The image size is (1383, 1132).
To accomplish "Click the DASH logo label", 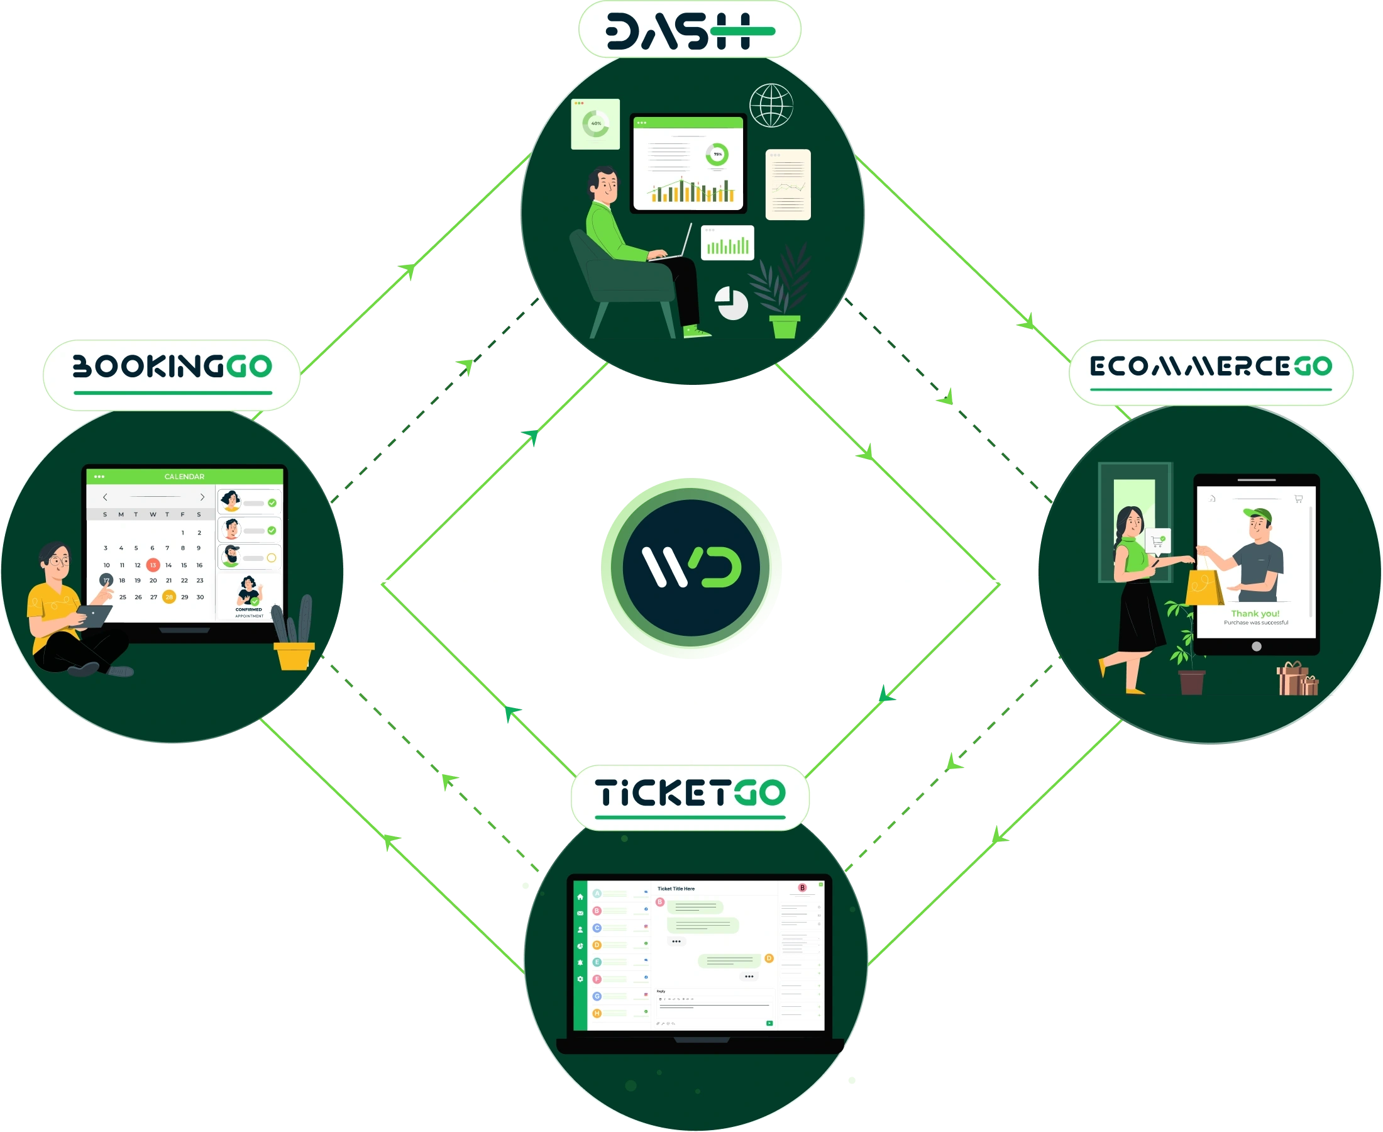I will (x=690, y=31).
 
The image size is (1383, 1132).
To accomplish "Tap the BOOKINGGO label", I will (x=172, y=367).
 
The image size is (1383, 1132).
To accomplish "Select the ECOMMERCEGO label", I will (x=1210, y=367).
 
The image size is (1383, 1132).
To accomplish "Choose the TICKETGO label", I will (x=690, y=794).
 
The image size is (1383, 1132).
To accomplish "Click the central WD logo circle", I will (x=691, y=567).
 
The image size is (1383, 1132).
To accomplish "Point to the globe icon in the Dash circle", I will (x=771, y=106).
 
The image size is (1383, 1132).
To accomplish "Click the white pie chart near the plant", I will (x=731, y=303).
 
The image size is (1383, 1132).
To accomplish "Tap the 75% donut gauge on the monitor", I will (x=717, y=155).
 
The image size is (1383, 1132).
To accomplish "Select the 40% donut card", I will (x=595, y=124).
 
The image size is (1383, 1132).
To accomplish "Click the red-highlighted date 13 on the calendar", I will (x=153, y=565).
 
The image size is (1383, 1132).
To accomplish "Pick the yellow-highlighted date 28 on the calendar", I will (x=169, y=597).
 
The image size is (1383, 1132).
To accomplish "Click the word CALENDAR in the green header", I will (x=184, y=477).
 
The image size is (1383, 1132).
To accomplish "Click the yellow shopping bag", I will (x=1204, y=587).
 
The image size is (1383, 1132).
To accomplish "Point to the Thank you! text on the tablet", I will (x=1255, y=614).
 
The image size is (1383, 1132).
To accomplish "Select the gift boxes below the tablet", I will (x=1296, y=679).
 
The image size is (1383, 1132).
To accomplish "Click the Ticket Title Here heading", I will (x=676, y=889).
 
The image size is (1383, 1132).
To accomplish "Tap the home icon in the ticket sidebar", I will (x=580, y=897).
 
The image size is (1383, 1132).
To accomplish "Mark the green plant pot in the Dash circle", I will (x=785, y=326).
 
